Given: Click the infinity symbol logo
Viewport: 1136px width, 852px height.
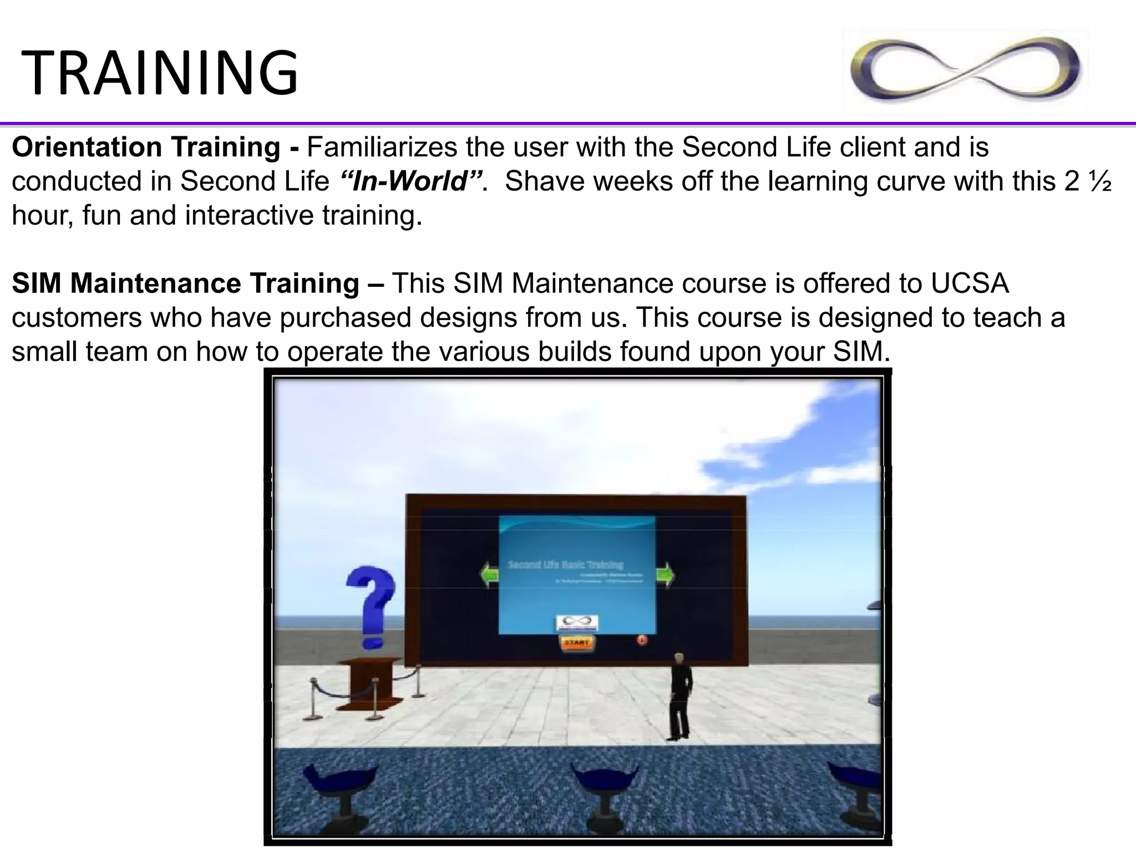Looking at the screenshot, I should tap(965, 71).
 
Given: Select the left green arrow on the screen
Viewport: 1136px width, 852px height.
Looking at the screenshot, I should tap(490, 575).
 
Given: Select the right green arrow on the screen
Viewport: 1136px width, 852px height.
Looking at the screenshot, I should tap(665, 575).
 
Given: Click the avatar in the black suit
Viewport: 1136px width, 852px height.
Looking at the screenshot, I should tap(679, 696).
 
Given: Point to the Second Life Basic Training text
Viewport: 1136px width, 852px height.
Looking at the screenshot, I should tap(566, 565).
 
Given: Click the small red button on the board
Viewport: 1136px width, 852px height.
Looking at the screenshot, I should tap(642, 640).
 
